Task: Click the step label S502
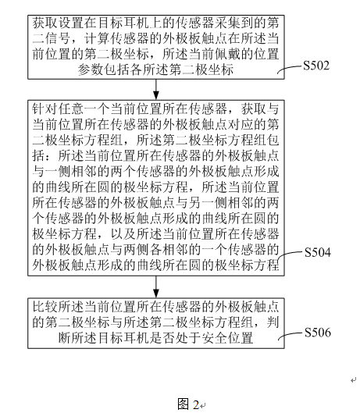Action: (x=316, y=66)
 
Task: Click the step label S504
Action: (x=318, y=253)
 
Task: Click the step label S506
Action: (x=318, y=333)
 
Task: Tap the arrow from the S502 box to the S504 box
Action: (x=156, y=90)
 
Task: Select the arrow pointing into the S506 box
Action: (x=156, y=287)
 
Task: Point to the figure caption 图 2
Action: (x=188, y=404)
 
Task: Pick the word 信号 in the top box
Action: (x=58, y=39)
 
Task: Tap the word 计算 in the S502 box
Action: (x=98, y=39)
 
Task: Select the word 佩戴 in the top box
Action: (x=226, y=55)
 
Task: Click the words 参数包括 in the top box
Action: (x=104, y=70)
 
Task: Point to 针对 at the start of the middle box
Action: (x=45, y=109)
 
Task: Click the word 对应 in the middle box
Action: (x=240, y=125)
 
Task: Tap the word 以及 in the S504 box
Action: (x=123, y=234)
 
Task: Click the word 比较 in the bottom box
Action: (x=45, y=307)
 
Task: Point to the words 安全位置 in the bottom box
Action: (x=227, y=338)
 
